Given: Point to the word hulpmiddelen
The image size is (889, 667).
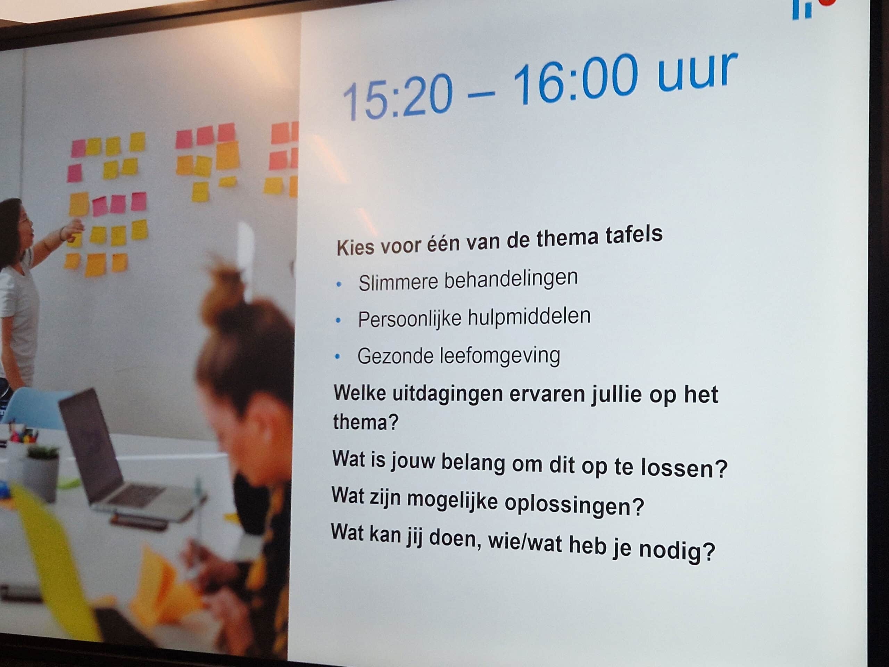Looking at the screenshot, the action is [529, 317].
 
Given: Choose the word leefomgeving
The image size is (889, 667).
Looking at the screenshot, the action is [500, 356].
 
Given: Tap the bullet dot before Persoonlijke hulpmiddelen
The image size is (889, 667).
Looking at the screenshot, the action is [338, 320].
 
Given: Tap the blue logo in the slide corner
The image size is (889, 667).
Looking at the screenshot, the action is [802, 9].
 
